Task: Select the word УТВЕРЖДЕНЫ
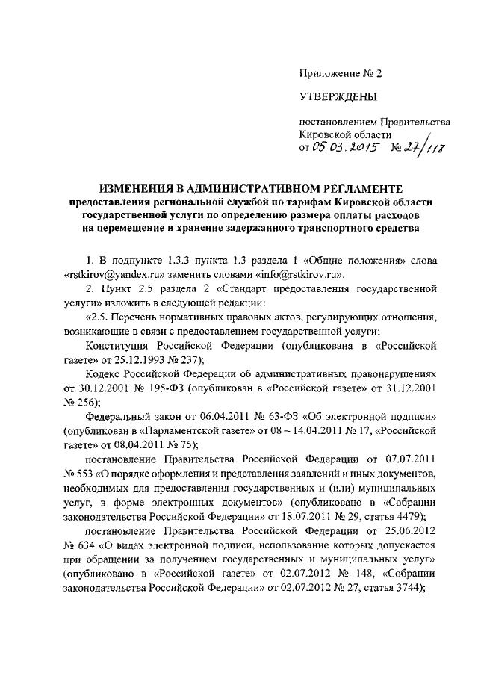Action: coord(338,96)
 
